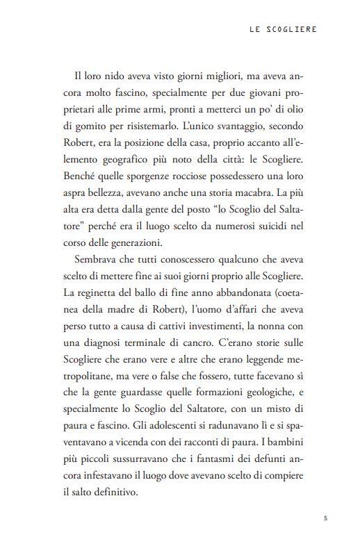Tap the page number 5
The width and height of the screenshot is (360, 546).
point(325,518)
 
